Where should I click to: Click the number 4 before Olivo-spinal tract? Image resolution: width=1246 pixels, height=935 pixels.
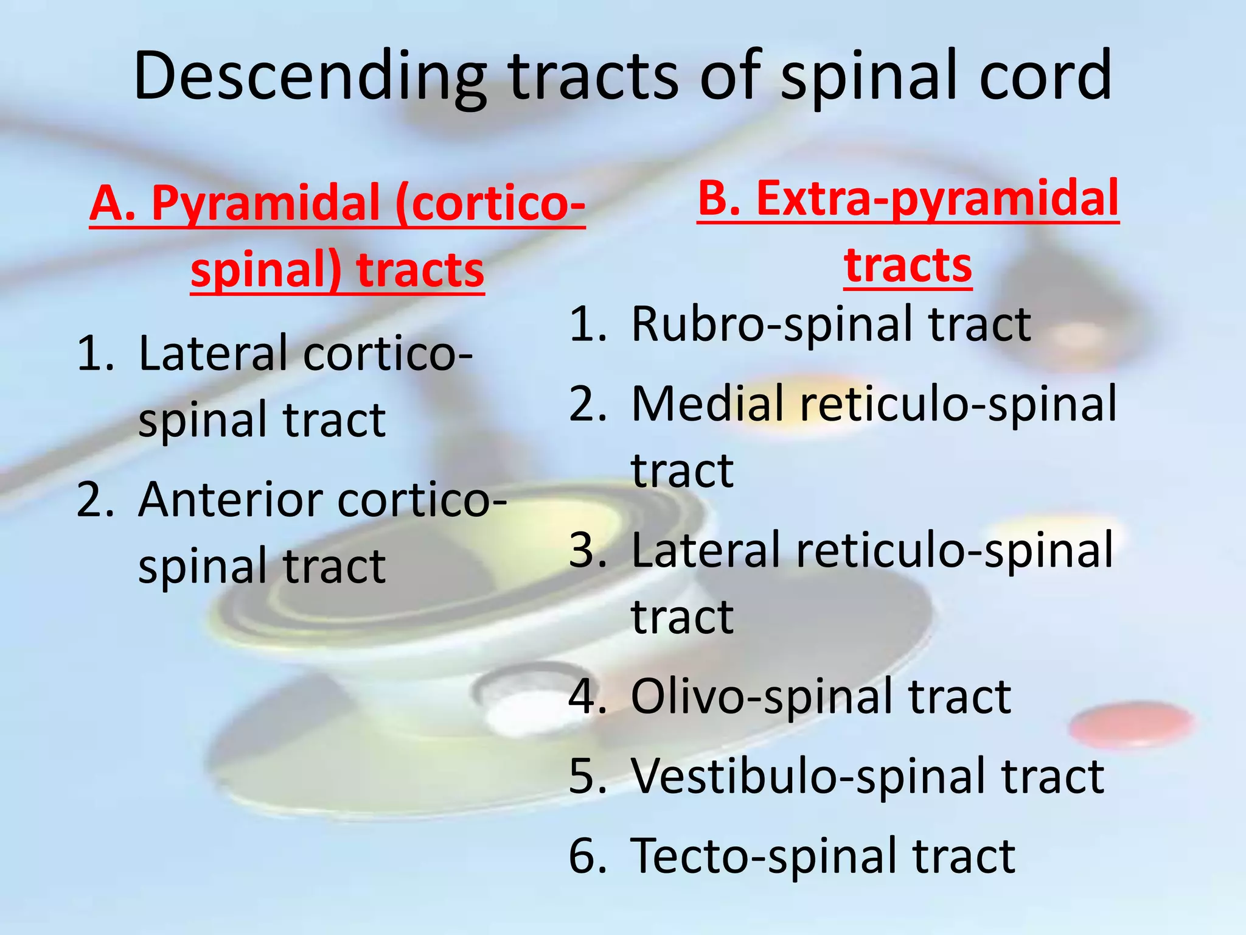click(x=587, y=697)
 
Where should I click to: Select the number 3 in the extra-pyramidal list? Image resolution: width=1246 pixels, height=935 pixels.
click(x=587, y=550)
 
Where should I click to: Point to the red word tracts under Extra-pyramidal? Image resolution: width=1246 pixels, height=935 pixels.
click(x=908, y=266)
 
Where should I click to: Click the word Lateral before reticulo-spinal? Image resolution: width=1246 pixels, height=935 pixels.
click(x=706, y=550)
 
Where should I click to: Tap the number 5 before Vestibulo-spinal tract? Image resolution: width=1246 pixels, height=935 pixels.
click(x=587, y=777)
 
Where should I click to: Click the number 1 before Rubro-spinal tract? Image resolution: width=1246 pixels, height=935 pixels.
click(x=587, y=324)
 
